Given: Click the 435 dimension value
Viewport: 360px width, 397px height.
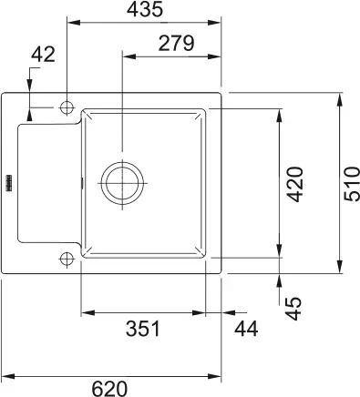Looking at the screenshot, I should click(145, 11).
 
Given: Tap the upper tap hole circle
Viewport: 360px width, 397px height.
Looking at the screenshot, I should click(66, 107).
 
